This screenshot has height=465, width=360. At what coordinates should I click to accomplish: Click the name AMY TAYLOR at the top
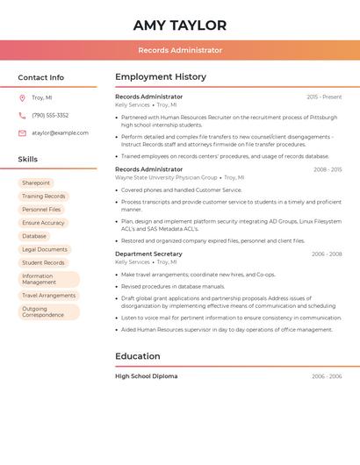[180, 25]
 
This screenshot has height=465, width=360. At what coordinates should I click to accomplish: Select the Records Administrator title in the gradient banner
[180, 50]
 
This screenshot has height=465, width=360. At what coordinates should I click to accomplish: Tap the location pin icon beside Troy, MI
[22, 97]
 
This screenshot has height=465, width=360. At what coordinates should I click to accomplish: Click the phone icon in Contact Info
[22, 115]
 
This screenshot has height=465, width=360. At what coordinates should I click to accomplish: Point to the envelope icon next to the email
[22, 132]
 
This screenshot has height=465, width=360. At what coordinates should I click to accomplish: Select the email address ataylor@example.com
[60, 132]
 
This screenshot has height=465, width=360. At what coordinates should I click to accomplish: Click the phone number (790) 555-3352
[50, 115]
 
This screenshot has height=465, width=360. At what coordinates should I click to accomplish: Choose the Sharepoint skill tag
[36, 182]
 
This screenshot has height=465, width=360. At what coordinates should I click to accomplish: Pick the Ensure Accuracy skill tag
[43, 223]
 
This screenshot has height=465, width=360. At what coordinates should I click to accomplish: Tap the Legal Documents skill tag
[45, 249]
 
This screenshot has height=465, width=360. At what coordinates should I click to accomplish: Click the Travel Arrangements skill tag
[48, 296]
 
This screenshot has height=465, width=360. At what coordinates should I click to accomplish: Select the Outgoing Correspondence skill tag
[43, 311]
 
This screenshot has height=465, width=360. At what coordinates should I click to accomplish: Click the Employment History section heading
[161, 77]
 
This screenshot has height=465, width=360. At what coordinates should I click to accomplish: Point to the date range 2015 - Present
[324, 97]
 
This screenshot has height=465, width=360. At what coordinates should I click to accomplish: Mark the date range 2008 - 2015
[328, 169]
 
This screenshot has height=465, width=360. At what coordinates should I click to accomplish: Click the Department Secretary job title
[148, 254]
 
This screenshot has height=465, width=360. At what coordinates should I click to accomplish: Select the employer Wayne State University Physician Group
[166, 177]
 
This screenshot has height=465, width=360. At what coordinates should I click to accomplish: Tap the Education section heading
[138, 356]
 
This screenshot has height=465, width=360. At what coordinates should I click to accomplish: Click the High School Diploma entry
[146, 376]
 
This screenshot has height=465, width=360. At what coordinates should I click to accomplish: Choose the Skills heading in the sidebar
[28, 159]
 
